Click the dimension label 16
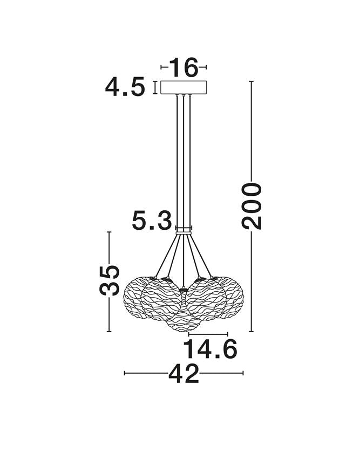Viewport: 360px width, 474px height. pos(184,67)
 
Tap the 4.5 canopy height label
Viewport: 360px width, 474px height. pos(125,87)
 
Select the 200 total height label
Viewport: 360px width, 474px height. pos(252,205)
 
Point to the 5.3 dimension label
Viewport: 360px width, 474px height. pos(152,220)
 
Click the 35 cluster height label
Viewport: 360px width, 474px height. pos(109,280)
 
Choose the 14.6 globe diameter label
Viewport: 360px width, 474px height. pos(210,349)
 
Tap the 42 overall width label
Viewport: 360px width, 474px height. pos(184,373)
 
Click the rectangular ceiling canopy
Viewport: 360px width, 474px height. pos(184,87)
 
